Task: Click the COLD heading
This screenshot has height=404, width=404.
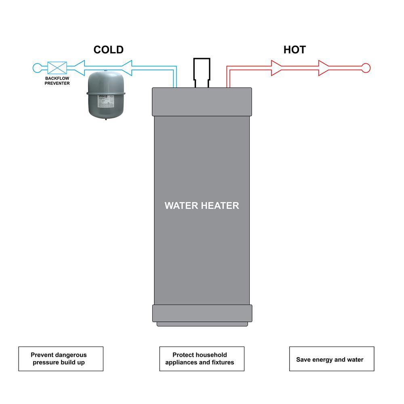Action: [x=108, y=50]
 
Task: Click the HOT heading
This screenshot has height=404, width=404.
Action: [x=295, y=50]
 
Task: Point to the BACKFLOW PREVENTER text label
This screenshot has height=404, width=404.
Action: [x=57, y=80]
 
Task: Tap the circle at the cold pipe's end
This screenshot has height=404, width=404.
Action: [x=37, y=67]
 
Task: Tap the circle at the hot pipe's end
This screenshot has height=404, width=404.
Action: [x=366, y=67]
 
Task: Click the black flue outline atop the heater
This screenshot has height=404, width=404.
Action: [x=202, y=71]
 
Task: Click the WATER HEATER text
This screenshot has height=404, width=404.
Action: [x=202, y=205]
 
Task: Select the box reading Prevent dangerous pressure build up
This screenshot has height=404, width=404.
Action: [x=61, y=359]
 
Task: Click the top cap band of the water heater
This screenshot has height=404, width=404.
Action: [x=202, y=101]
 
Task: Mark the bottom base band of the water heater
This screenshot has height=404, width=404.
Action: [x=202, y=313]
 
